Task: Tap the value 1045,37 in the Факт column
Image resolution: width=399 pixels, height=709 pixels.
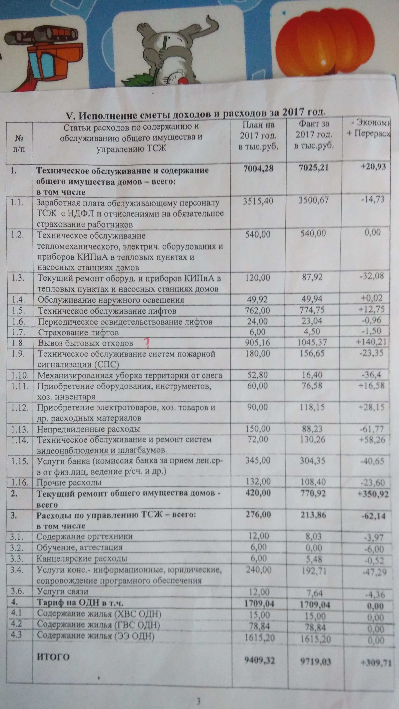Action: pyautogui.click(x=313, y=342)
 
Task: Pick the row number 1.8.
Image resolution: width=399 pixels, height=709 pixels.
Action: pyautogui.click(x=18, y=343)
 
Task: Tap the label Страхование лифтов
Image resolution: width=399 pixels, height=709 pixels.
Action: pyautogui.click(x=78, y=333)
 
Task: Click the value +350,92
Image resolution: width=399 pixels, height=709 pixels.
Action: pyautogui.click(x=373, y=494)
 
